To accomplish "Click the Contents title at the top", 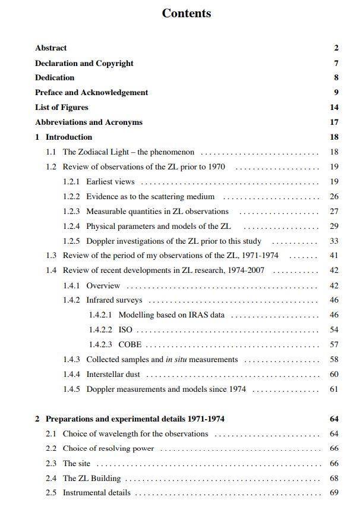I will click(x=186, y=14).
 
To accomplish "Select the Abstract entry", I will click(x=50, y=48).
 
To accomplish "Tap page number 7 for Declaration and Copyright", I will click(x=336, y=63).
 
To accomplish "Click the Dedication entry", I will click(x=55, y=78).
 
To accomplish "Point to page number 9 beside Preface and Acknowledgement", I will click(x=336, y=93).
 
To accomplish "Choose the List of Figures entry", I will click(x=61, y=108).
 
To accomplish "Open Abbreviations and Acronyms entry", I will click(x=89, y=122).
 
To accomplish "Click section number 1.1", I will click(x=51, y=152).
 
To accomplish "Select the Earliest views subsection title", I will click(x=110, y=182).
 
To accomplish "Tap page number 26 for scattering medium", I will click(x=334, y=197).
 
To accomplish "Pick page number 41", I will click(x=334, y=256).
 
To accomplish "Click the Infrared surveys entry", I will click(x=114, y=300).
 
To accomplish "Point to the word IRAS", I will click(x=194, y=315).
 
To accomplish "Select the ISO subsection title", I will click(x=125, y=330).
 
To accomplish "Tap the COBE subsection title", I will click(x=130, y=345).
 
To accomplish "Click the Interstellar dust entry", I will click(x=113, y=375).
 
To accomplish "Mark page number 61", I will click(x=334, y=389).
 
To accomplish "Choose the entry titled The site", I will click(x=78, y=463).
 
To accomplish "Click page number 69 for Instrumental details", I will click(x=334, y=493).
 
